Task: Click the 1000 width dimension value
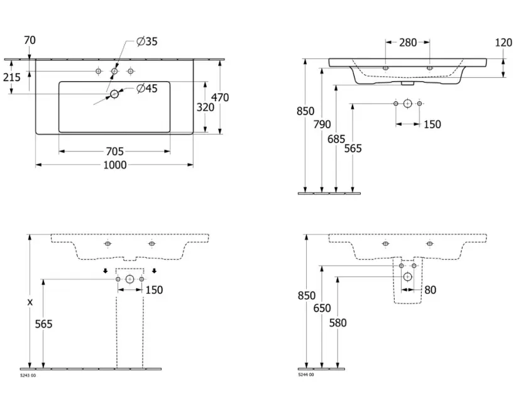click(114, 165)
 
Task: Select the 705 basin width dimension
click(114, 151)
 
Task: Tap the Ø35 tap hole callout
click(147, 41)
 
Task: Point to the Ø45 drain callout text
click(147, 89)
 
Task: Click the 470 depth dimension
click(219, 97)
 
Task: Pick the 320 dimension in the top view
click(206, 107)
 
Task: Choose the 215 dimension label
click(11, 77)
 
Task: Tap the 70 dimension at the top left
click(29, 40)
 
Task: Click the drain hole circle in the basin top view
click(114, 94)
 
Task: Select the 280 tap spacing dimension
click(408, 43)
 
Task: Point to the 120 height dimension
click(503, 43)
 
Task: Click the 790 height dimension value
click(322, 124)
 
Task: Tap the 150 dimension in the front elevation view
click(432, 124)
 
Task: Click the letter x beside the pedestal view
click(30, 302)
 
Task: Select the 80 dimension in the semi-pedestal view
click(430, 290)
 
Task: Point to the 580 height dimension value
click(338, 323)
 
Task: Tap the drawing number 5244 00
click(306, 375)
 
